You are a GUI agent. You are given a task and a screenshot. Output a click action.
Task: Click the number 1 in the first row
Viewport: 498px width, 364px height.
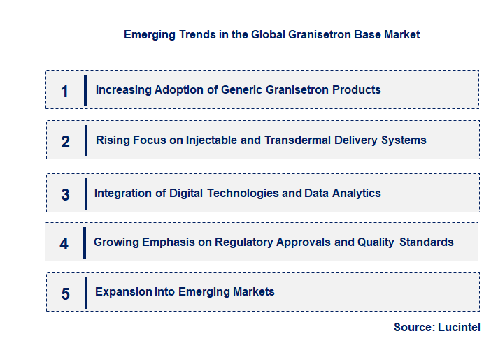coord(65,91)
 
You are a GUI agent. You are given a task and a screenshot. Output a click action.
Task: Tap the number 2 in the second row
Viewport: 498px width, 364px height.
coord(65,142)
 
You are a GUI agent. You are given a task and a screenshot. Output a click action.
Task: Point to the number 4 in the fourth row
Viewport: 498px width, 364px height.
coord(64,244)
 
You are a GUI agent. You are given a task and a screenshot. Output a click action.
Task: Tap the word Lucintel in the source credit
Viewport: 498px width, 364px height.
coord(459,327)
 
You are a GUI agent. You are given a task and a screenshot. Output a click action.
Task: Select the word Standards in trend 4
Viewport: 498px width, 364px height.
coord(427,242)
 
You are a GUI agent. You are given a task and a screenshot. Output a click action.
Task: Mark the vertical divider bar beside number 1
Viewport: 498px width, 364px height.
coord(85,90)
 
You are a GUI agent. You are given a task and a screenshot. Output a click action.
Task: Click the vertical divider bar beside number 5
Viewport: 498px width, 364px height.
coord(85,293)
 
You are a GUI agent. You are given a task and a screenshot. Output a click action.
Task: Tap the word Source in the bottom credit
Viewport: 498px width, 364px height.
coord(414,327)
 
